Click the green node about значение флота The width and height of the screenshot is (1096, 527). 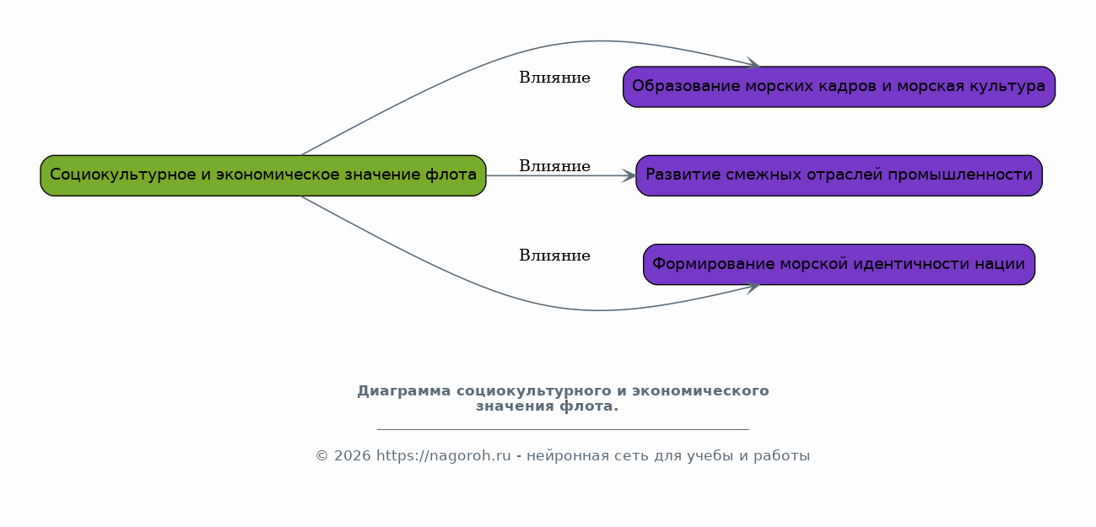(x=263, y=175)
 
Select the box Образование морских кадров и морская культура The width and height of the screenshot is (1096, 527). (x=840, y=87)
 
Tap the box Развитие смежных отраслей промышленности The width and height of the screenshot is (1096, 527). (x=840, y=175)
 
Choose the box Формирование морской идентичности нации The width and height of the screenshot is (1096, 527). (x=840, y=265)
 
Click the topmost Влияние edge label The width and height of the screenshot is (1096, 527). (x=554, y=78)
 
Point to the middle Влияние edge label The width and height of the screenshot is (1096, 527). (x=554, y=166)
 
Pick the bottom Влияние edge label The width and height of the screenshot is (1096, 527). (x=554, y=255)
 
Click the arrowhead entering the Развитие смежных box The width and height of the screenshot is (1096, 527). (x=629, y=175)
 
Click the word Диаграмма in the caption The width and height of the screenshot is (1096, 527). (x=403, y=391)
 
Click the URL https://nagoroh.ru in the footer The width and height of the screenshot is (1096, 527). (x=443, y=455)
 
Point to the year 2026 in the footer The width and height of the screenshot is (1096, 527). (x=353, y=455)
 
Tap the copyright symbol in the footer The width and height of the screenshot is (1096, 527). (x=322, y=455)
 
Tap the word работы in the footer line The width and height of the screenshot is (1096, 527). (x=782, y=456)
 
